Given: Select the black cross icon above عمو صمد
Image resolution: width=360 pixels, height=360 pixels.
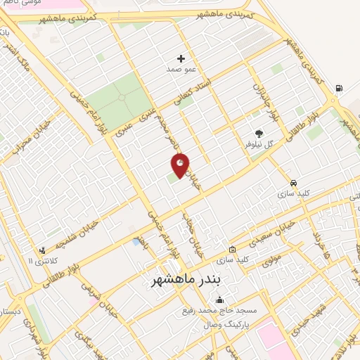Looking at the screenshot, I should [x=181, y=58].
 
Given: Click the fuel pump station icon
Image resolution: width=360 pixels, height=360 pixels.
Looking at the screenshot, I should [x=340, y=88].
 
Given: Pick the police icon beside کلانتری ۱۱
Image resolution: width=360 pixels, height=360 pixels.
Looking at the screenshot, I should [x=44, y=250].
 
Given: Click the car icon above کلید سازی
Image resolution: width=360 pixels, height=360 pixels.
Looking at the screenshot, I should [x=292, y=180].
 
